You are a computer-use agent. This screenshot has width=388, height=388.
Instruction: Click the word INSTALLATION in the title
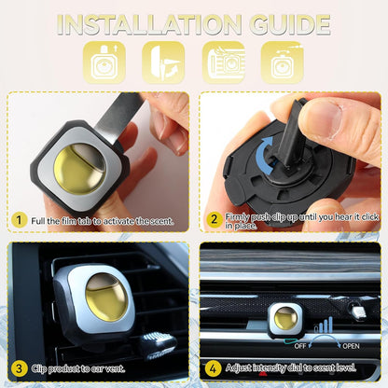(x=149, y=24)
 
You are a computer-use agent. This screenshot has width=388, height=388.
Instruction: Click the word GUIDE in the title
(x=290, y=24)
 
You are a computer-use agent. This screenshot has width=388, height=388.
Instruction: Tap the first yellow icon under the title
(x=104, y=62)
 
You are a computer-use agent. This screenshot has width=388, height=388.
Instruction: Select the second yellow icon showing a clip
(x=163, y=62)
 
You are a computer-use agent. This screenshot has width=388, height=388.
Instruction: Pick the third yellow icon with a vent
(x=224, y=62)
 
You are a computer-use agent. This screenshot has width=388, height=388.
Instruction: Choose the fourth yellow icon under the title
(x=283, y=62)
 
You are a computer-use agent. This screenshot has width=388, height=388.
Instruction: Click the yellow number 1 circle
(x=20, y=220)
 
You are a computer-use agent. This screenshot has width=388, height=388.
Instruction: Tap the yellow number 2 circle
(x=214, y=219)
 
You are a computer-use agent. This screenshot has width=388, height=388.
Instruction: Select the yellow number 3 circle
(x=20, y=368)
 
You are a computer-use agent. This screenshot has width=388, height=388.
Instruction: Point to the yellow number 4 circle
(x=213, y=368)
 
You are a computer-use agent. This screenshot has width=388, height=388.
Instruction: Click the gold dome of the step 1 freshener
(x=80, y=169)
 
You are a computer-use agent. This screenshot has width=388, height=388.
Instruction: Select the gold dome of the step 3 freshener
(x=106, y=297)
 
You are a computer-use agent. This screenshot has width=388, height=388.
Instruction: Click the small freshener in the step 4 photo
(x=286, y=320)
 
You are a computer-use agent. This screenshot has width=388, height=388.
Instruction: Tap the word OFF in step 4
(x=300, y=346)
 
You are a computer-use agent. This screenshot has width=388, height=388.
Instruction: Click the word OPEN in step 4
(x=351, y=346)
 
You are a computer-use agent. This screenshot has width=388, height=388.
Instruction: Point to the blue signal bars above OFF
(x=324, y=326)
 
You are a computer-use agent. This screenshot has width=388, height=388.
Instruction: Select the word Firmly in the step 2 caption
(x=238, y=216)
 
